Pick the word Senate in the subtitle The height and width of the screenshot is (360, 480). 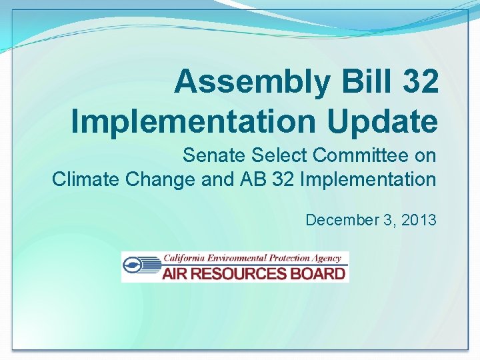211,156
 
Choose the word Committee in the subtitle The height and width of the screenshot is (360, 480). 360,156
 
